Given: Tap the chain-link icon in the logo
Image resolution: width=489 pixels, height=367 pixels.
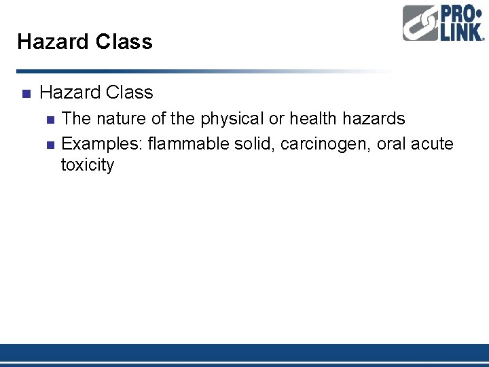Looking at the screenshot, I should [x=420, y=24].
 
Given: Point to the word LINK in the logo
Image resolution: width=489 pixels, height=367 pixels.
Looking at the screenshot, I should [x=461, y=32].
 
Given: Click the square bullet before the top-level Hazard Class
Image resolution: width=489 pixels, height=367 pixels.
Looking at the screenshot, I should [x=25, y=93].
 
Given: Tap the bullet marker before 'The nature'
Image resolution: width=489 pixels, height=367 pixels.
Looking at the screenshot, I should [x=49, y=120].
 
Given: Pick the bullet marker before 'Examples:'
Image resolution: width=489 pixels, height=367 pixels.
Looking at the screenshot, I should [x=49, y=144].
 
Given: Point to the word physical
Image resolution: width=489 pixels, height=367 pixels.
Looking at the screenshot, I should [x=232, y=119].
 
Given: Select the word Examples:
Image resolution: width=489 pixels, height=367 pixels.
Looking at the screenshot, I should [x=102, y=143].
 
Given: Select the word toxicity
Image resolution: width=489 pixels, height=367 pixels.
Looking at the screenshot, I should [x=88, y=165].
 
